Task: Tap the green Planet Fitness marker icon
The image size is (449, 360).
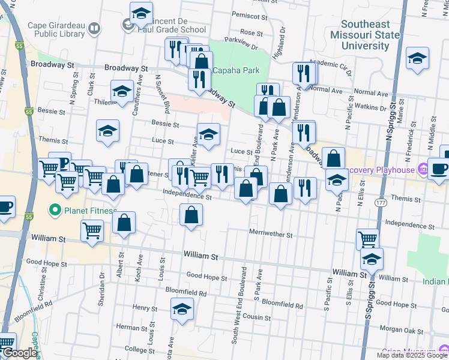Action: pyautogui.click(x=56, y=210)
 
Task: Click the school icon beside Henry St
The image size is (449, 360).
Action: pyautogui.click(x=181, y=309)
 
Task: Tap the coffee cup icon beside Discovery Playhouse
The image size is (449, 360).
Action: pyautogui.click(x=439, y=169)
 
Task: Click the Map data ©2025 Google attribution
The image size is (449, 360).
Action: pyautogui.click(x=412, y=355)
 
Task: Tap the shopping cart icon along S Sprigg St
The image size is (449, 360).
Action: pyautogui.click(x=368, y=239)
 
